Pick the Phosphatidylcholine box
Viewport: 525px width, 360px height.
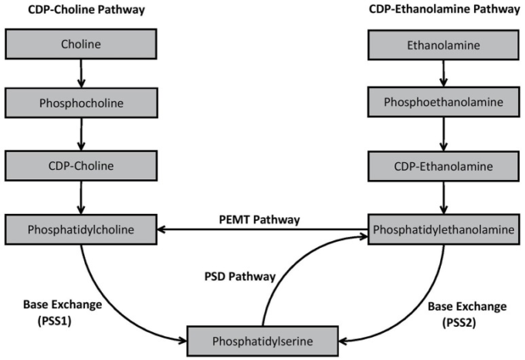pyautogui.click(x=81, y=229)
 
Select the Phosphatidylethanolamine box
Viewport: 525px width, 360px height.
pyautogui.click(x=442, y=229)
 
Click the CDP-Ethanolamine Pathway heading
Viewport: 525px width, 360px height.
pyautogui.click(x=442, y=10)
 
